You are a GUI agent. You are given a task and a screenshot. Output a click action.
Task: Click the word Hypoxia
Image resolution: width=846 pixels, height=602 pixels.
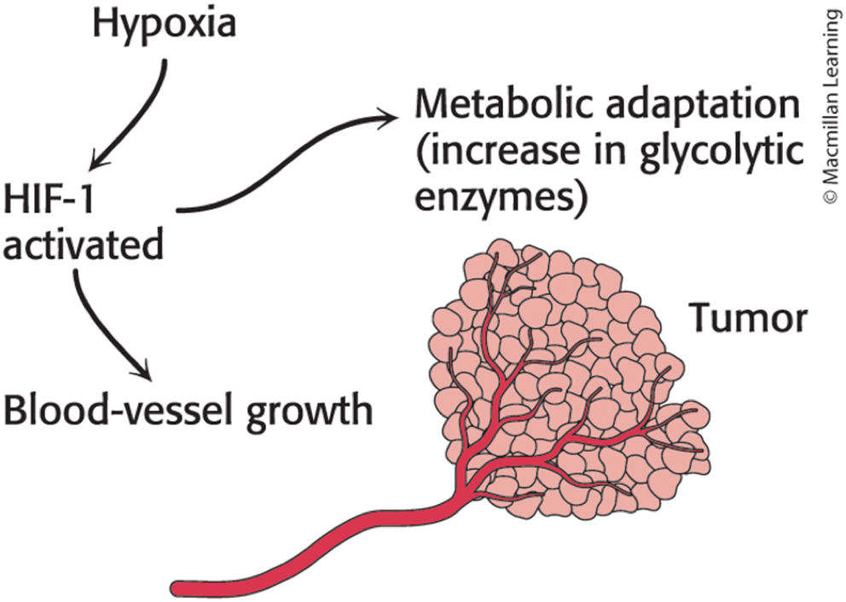[x=165, y=25]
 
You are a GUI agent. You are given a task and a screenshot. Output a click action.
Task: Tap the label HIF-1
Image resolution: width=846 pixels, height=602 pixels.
[x=49, y=199]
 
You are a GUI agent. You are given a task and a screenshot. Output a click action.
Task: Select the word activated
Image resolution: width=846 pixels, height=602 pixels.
[x=84, y=244]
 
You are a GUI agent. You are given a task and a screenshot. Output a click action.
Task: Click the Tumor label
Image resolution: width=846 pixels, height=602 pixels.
[x=750, y=318]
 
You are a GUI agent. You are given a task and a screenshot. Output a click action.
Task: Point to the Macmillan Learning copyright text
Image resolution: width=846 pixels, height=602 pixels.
[x=832, y=102]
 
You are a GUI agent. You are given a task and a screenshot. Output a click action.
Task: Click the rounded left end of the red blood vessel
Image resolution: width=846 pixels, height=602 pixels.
[x=178, y=587]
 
